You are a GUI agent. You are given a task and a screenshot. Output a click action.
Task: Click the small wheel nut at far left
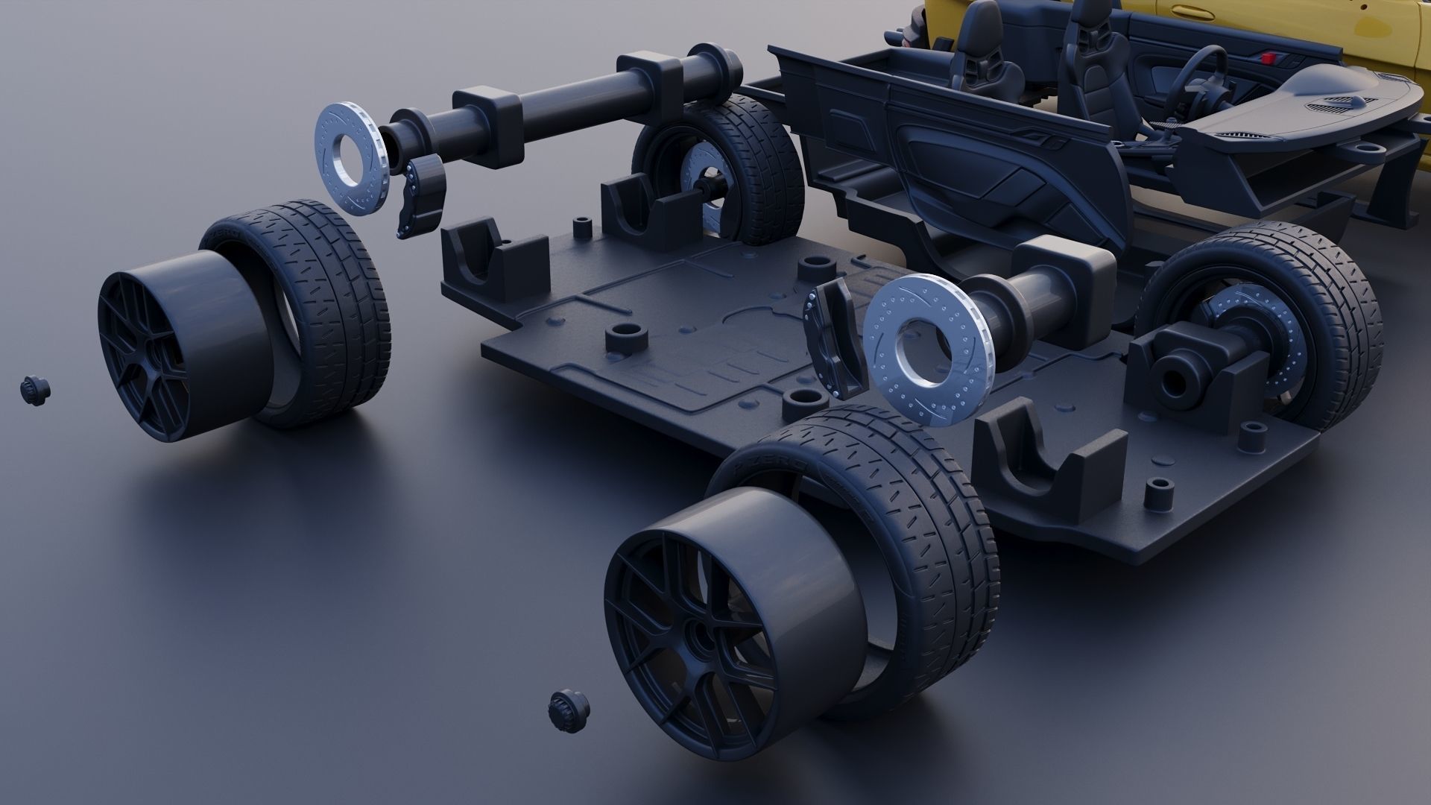[x=34, y=389]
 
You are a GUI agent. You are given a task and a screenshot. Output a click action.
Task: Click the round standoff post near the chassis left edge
[x=625, y=338]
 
